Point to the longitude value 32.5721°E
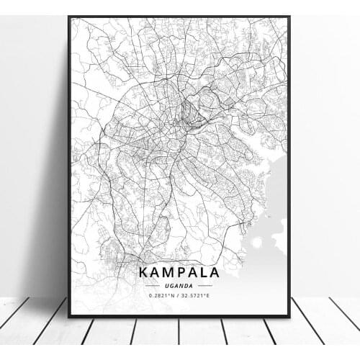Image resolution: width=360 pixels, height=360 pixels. click(x=199, y=296)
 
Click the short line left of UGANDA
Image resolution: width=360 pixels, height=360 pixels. click(x=154, y=286)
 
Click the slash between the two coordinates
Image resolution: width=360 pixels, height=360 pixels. click(x=179, y=296)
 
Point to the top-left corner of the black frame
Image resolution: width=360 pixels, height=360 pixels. click(x=69, y=17)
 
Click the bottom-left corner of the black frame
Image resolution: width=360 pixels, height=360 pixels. click(x=69, y=316)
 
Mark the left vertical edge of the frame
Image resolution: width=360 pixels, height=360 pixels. click(x=69, y=166)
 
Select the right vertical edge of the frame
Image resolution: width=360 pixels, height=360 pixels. click(x=289, y=166)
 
